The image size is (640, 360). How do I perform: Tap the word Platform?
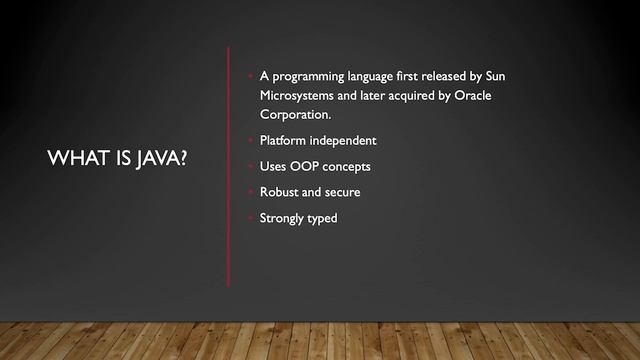[283, 140]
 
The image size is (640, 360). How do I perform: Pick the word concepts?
[356, 166]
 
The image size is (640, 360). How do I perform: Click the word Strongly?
[284, 218]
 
